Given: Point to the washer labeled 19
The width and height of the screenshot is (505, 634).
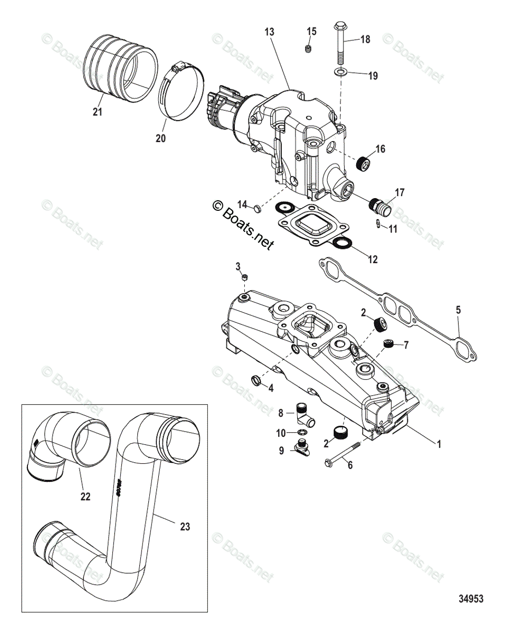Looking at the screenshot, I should (x=340, y=71).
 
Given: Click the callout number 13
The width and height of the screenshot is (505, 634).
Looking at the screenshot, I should (x=269, y=32).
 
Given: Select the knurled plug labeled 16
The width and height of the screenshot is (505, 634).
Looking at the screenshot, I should (x=364, y=165).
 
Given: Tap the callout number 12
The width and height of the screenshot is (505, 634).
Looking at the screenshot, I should (x=373, y=259).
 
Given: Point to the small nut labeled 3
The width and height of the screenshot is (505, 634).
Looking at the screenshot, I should (x=244, y=277).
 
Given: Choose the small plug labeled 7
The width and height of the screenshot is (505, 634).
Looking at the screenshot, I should (x=389, y=344).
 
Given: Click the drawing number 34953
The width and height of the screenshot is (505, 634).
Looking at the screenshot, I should (x=471, y=599).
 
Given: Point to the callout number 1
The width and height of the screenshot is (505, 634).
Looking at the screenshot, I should (x=437, y=445).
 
